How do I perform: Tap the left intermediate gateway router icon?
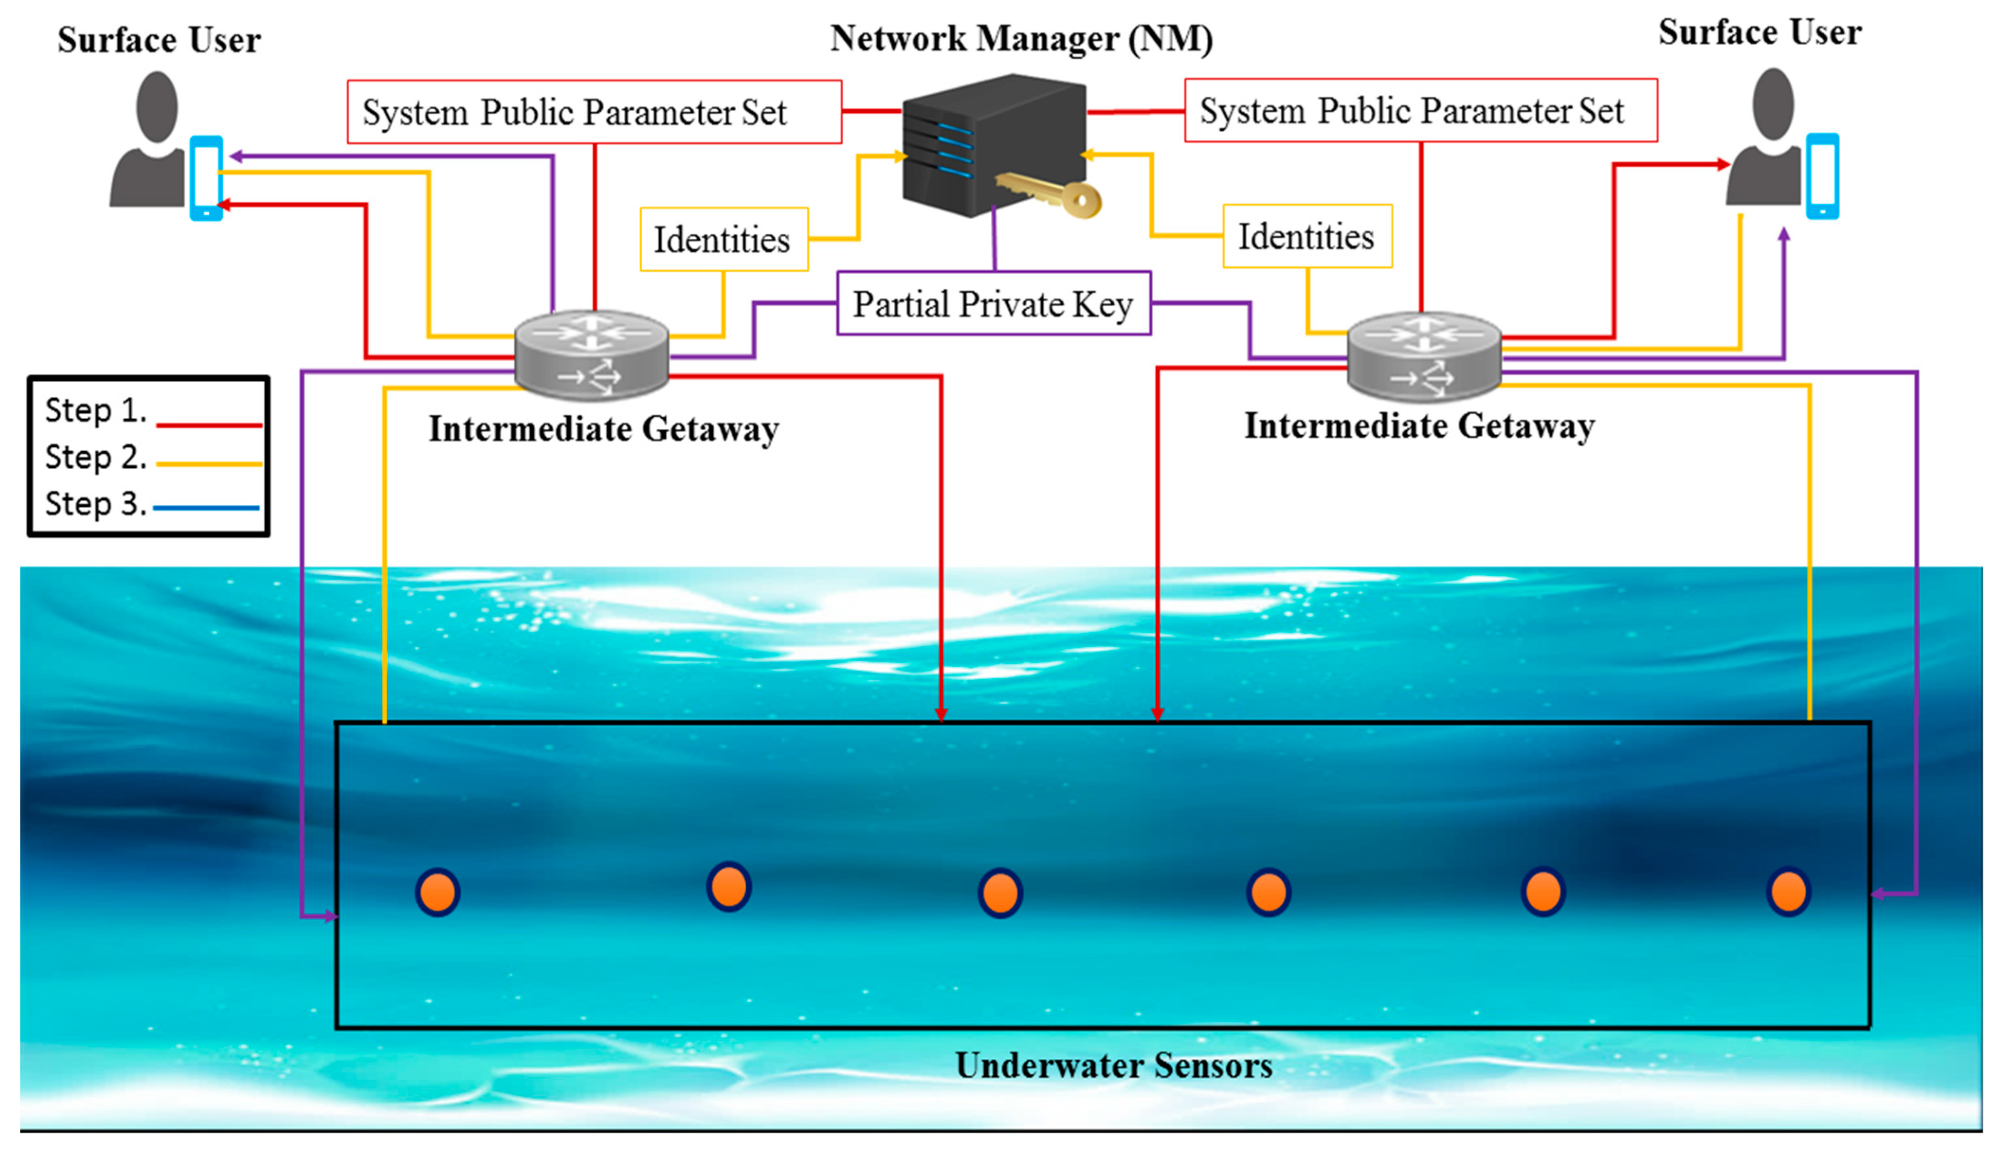(x=591, y=354)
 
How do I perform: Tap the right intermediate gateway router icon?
(x=1423, y=356)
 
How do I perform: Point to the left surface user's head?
(x=156, y=106)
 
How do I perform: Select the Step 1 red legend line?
(x=209, y=425)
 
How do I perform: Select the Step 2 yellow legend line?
(x=209, y=464)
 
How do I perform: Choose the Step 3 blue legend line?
(x=207, y=507)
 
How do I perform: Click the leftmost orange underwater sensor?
(x=437, y=892)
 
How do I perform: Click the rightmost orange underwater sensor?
(x=1788, y=892)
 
